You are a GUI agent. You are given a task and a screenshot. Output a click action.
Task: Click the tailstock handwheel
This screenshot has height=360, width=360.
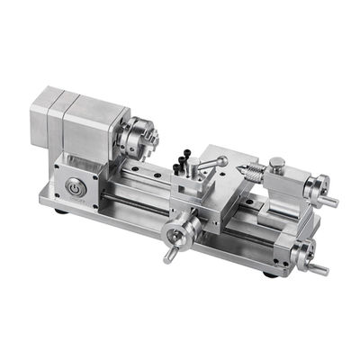point(316,189)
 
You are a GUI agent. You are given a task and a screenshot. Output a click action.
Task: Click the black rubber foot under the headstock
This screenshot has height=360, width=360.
point(59,212)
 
